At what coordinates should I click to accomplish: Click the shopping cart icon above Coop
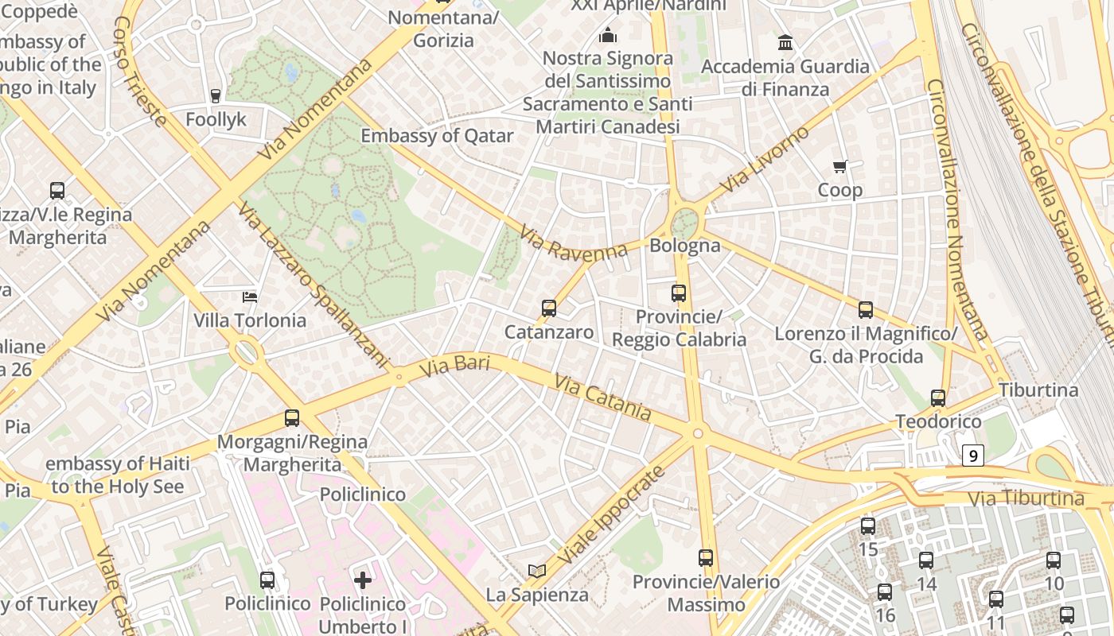coord(839,166)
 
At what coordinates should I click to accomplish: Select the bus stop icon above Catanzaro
coord(548,308)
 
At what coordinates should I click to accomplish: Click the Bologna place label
coord(684,246)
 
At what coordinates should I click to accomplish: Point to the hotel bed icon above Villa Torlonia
coord(250,297)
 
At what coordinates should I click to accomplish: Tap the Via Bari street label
coord(454,366)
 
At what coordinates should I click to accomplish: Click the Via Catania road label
coord(602,398)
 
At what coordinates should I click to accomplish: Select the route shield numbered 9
coord(972,456)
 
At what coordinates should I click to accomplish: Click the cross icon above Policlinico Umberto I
coord(363,580)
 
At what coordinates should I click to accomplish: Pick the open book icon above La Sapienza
coord(538,571)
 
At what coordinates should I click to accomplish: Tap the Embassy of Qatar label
coord(437,136)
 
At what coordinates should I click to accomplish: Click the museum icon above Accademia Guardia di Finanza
coord(785,42)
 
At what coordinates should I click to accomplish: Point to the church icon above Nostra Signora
coord(608,35)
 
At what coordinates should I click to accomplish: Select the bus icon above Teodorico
coord(938,397)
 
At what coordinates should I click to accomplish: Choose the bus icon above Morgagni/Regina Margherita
coord(292,418)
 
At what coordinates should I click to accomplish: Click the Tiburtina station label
coord(1038,390)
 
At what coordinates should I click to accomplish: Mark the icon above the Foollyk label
coord(215,96)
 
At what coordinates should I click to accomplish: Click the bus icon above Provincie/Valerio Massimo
coord(706,558)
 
